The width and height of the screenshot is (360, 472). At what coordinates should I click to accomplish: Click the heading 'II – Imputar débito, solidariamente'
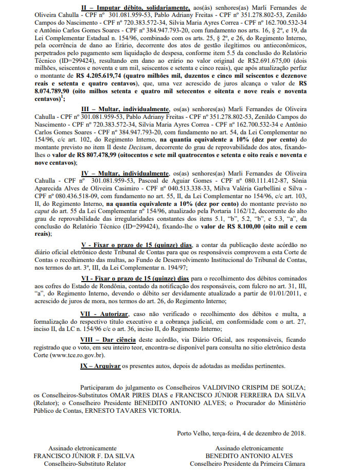135,8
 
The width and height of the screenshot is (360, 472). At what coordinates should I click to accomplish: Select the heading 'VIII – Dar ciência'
108,340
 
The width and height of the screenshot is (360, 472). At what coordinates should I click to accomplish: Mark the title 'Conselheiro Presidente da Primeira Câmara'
248,463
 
